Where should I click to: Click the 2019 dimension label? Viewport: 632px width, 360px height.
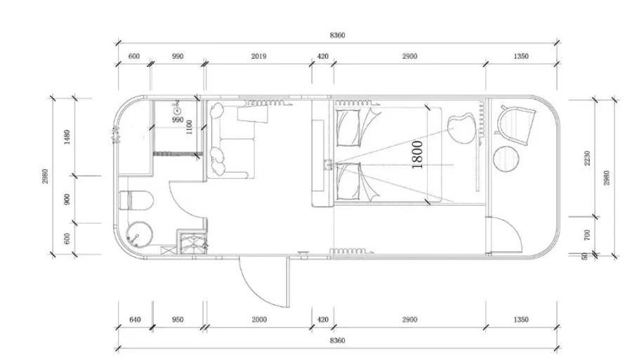(x=258, y=56)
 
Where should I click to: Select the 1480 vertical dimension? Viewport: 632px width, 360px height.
(x=67, y=137)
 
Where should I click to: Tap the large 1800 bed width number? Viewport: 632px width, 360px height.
(x=417, y=154)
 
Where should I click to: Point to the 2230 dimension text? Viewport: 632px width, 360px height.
(x=587, y=158)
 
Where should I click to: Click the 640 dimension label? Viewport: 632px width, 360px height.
(x=135, y=320)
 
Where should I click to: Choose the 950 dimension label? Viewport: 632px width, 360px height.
(x=178, y=320)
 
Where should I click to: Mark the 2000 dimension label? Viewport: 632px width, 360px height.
(x=259, y=320)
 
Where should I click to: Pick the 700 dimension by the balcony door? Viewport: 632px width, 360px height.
(x=587, y=235)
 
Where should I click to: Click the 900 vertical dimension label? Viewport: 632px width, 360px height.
(x=67, y=199)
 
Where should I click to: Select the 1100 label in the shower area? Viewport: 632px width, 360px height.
(x=189, y=127)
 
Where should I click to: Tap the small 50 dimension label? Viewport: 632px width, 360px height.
(x=585, y=256)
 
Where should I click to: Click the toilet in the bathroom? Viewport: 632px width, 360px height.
(x=136, y=200)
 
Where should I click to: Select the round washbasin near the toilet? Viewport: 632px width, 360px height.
(x=140, y=235)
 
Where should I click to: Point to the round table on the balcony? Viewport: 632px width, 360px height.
(x=506, y=159)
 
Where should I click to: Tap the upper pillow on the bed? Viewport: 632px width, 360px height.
(x=349, y=128)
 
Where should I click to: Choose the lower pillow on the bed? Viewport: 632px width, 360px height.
(x=349, y=181)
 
